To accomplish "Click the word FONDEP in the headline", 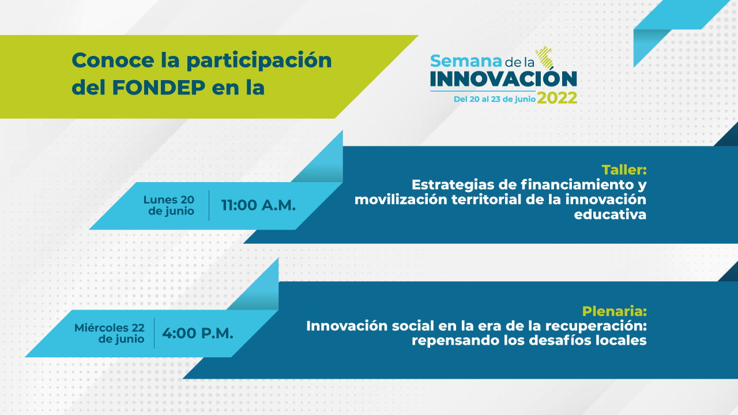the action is coord(159,87).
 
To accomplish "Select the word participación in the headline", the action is coord(259,62).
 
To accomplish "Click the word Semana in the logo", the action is coord(466,61).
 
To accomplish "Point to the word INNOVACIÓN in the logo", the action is coord(503,79).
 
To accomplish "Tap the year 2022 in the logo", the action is coord(557,98).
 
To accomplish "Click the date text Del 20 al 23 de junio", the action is coord(495,99).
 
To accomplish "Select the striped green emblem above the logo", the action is coord(544,56).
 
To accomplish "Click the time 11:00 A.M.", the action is coord(258,206).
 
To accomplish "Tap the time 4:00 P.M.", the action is coord(198,333).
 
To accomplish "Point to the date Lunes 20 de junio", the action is coord(169,205).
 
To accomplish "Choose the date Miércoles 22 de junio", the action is coord(110,333).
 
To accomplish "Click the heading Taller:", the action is coord(624,170).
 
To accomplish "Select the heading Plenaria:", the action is coord(614,311).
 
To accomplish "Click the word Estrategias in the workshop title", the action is coord(453,185).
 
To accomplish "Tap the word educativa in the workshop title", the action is coord(610,214).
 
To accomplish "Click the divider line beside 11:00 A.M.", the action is coord(209,205).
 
